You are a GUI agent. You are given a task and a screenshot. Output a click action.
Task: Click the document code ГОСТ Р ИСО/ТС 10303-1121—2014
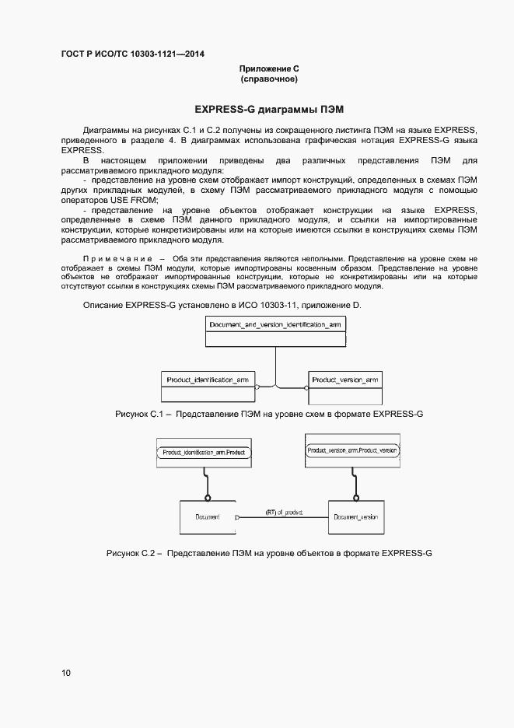133,54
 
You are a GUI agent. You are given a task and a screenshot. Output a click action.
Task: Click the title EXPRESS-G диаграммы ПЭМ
269,107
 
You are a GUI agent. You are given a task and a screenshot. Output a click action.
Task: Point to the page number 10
66,673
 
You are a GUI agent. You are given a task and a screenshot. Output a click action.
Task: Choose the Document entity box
207,517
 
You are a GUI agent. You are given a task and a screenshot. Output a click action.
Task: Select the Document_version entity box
355,517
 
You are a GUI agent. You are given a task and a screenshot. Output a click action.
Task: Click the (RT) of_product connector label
284,513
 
